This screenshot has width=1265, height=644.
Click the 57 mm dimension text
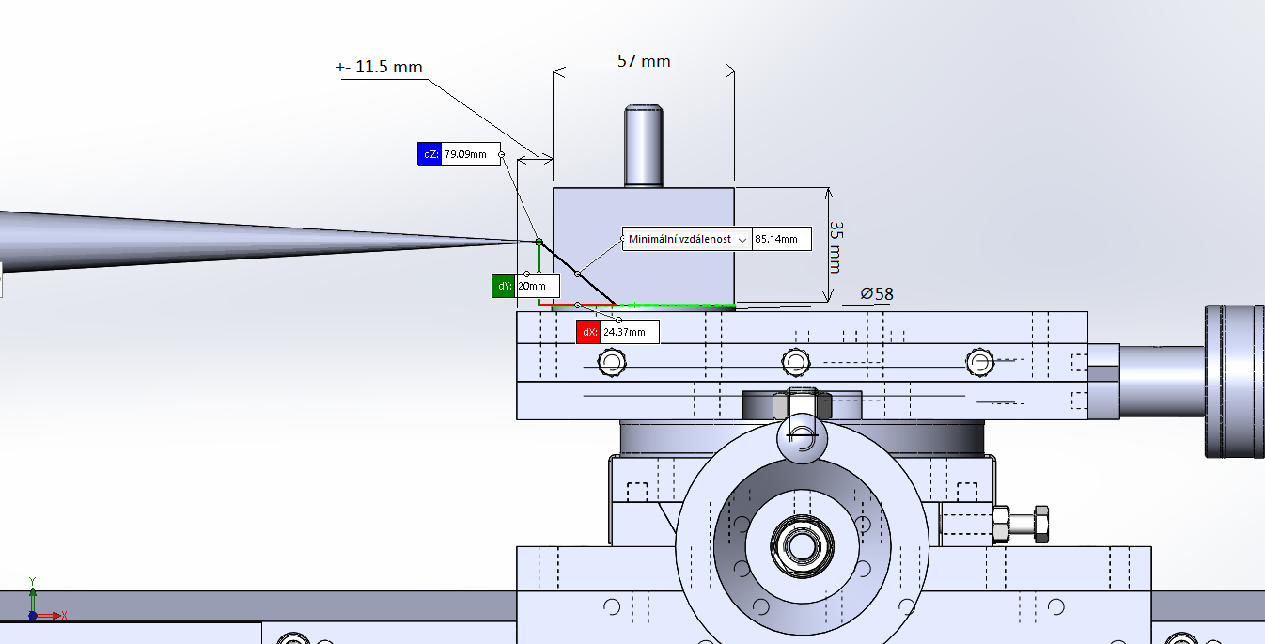pos(644,61)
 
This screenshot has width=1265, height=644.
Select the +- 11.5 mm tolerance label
pos(380,68)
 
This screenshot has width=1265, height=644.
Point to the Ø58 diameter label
pos(876,294)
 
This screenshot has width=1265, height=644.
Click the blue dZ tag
pos(429,154)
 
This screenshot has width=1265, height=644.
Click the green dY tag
pos(504,286)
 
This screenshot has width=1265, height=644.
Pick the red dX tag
pos(588,332)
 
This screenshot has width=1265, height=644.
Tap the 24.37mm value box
pos(629,332)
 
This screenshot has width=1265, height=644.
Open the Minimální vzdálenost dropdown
pos(742,240)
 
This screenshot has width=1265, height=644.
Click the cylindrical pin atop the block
pos(644,146)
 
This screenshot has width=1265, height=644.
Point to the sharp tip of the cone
pos(536,242)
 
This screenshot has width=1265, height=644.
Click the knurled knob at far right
pos(1234,381)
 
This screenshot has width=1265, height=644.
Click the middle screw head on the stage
pos(796,362)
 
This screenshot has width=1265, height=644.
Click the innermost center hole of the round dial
pos(801,544)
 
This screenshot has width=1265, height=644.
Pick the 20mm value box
pos(537,286)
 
